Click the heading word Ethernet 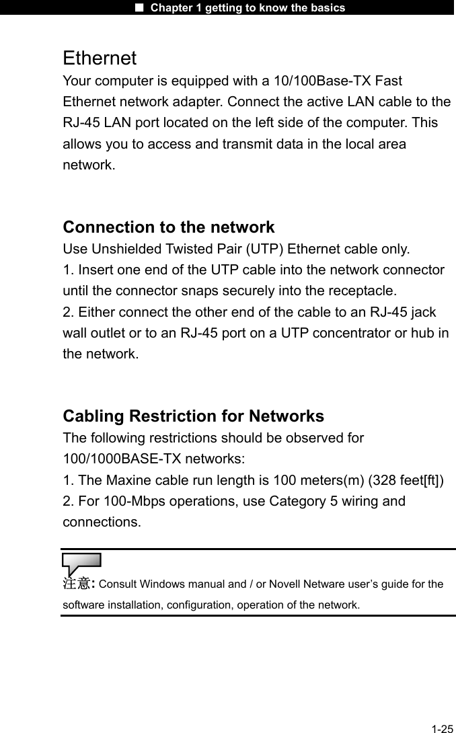click(100, 59)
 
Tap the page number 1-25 click(443, 728)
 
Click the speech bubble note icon click(81, 562)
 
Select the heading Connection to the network click(168, 227)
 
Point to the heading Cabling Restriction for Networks click(193, 416)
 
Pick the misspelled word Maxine click(133, 480)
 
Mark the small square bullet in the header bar click(140, 8)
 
